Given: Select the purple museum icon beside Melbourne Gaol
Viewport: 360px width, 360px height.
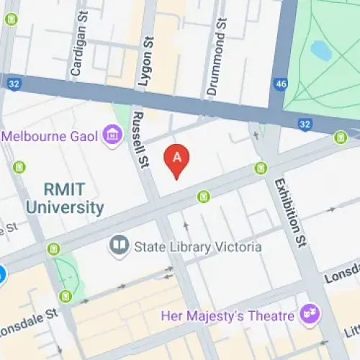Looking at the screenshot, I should [x=112, y=135].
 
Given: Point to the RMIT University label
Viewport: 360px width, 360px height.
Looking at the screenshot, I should [x=65, y=199].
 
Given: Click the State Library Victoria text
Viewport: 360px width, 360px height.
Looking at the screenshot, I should [x=197, y=247].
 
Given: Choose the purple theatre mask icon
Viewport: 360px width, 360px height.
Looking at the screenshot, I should [x=310, y=315].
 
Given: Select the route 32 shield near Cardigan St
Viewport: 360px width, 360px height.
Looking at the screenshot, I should [x=14, y=83].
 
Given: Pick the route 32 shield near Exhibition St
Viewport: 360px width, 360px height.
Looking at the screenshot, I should [x=305, y=124].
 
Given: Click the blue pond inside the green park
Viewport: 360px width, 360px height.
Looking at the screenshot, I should [x=321, y=50].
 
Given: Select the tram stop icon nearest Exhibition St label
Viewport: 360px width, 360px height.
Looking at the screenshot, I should [x=261, y=168].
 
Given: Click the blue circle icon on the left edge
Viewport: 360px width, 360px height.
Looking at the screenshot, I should [x=2, y=274].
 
